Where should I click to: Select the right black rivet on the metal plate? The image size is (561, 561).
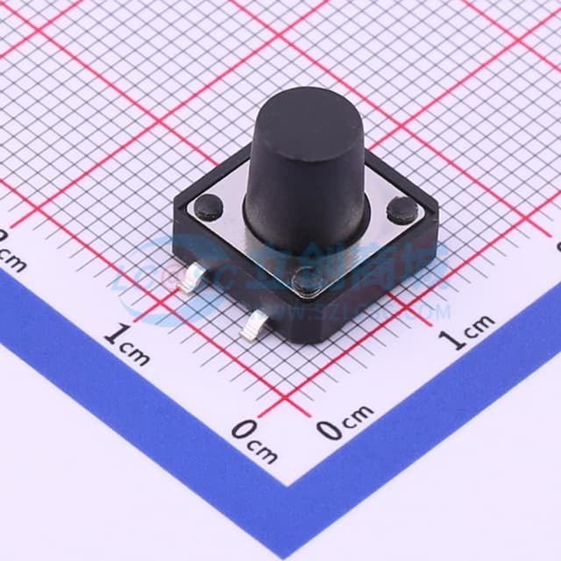[x=401, y=209]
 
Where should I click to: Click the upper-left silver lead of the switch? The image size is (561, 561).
[x=191, y=280]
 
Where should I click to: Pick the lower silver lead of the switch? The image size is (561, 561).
[x=255, y=326]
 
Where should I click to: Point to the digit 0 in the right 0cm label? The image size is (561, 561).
[x=329, y=429]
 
